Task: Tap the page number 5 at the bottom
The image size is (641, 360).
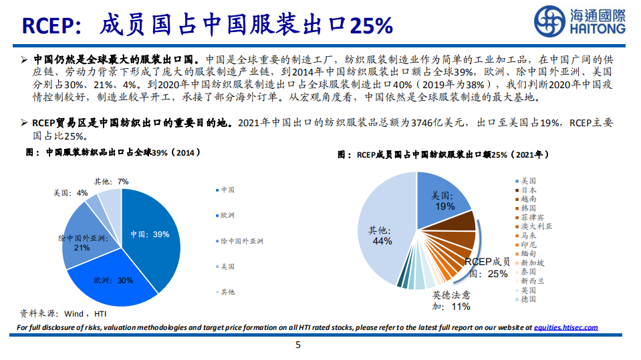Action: tap(298, 345)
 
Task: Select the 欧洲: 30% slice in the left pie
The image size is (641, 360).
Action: tap(114, 281)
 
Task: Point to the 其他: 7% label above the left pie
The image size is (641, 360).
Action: tap(111, 182)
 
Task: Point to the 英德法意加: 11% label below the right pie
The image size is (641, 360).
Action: tap(451, 301)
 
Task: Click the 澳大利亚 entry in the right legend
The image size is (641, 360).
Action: tap(536, 226)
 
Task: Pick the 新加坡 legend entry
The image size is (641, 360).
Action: tap(531, 263)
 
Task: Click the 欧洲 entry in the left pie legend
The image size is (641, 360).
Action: tap(227, 215)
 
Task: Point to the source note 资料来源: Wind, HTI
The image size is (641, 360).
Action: tap(63, 313)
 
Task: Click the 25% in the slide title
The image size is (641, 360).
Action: tap(372, 25)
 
